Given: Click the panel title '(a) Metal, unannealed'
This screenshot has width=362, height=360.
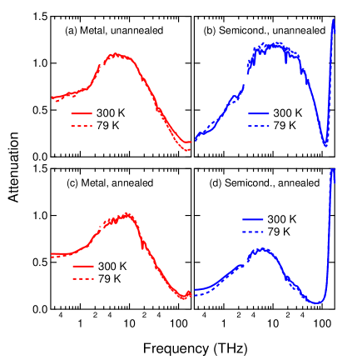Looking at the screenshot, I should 114,31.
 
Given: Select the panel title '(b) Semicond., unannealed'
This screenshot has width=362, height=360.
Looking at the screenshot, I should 264,31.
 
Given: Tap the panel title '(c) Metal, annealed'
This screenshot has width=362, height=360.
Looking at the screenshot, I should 110,182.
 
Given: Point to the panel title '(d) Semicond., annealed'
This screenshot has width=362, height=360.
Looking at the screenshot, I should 265,182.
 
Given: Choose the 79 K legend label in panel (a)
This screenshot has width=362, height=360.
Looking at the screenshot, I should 109,126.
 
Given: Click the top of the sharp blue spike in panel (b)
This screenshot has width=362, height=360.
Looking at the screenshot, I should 334,18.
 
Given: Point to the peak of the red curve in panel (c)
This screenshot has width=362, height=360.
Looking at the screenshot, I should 128,214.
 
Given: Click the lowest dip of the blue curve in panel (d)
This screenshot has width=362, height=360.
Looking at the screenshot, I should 316,302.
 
